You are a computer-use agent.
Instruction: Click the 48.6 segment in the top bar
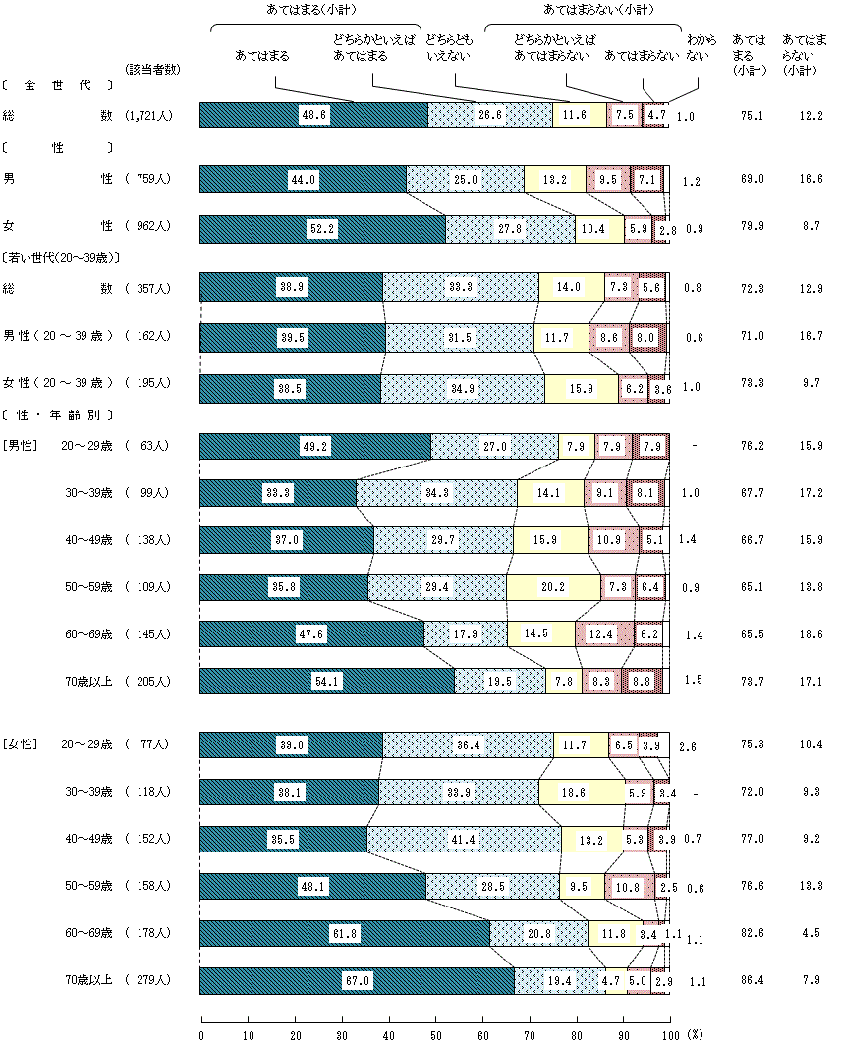tap(314, 115)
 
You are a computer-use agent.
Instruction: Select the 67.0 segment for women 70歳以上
tap(357, 980)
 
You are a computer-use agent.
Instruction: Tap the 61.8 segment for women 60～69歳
tap(345, 933)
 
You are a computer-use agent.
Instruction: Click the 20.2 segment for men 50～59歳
tap(553, 587)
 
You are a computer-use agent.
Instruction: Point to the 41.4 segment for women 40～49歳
tap(464, 839)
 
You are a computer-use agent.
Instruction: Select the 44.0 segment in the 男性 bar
tap(303, 179)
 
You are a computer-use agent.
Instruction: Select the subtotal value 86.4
tap(753, 980)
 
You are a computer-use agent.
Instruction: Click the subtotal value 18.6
tap(811, 634)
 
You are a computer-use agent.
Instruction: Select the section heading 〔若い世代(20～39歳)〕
tap(61, 257)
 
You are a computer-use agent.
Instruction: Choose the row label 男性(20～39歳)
tap(60, 336)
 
